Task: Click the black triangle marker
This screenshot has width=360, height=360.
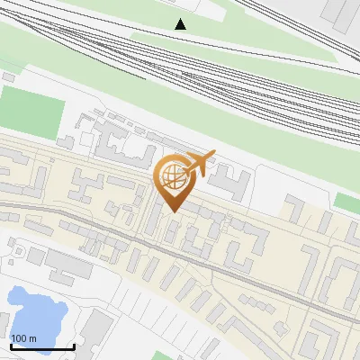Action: [x=181, y=24]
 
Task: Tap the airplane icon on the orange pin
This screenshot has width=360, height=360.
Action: [x=197, y=165]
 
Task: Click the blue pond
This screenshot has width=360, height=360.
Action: [x=35, y=310]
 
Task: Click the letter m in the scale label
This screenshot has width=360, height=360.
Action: [x=33, y=338]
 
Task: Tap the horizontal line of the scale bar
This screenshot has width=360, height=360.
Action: [x=42, y=346]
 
